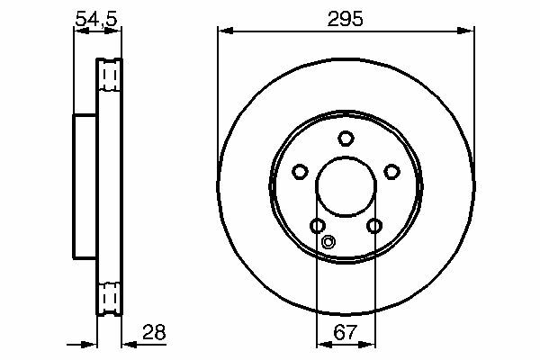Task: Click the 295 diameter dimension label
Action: pyautogui.click(x=345, y=19)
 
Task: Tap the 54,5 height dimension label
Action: pyautogui.click(x=96, y=19)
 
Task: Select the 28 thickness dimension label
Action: pyautogui.click(x=154, y=332)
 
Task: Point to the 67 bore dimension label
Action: pyautogui.click(x=345, y=332)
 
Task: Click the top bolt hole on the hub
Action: pyautogui.click(x=346, y=138)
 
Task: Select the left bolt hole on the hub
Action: pyautogui.click(x=300, y=171)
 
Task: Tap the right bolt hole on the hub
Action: pyautogui.click(x=391, y=171)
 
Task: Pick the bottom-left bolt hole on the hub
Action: pyautogui.click(x=318, y=226)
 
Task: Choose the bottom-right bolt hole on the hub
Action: pyautogui.click(x=374, y=226)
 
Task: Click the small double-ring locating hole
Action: pyautogui.click(x=328, y=242)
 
